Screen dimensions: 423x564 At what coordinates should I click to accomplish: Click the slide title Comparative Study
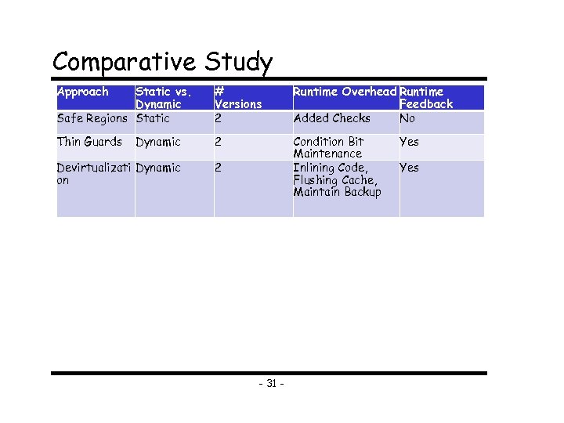(162, 62)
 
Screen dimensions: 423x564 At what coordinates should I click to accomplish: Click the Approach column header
(83, 92)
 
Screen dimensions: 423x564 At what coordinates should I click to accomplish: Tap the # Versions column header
(237, 98)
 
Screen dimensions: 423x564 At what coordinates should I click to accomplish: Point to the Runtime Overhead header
(344, 92)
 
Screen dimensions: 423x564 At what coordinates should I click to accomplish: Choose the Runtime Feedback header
(425, 98)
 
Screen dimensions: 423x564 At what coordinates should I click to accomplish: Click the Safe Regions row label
(92, 118)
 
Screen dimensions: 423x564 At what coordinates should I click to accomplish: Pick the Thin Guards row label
(89, 142)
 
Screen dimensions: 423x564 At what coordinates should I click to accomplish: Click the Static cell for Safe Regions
(153, 118)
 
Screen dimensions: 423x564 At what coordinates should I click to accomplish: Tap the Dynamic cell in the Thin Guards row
(158, 143)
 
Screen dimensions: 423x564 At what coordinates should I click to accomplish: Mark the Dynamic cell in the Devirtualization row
(158, 168)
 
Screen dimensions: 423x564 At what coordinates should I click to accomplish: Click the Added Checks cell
(331, 118)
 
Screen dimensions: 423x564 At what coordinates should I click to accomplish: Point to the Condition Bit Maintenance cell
(328, 148)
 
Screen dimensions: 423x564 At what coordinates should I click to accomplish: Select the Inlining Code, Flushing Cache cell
(337, 179)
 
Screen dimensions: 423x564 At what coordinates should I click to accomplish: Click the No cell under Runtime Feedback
(407, 118)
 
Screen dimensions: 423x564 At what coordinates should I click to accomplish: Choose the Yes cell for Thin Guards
(409, 142)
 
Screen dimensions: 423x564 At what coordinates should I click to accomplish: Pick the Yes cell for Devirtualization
(409, 168)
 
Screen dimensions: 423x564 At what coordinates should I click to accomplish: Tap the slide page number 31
(271, 384)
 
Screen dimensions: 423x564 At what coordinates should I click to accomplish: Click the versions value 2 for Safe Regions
(219, 118)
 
